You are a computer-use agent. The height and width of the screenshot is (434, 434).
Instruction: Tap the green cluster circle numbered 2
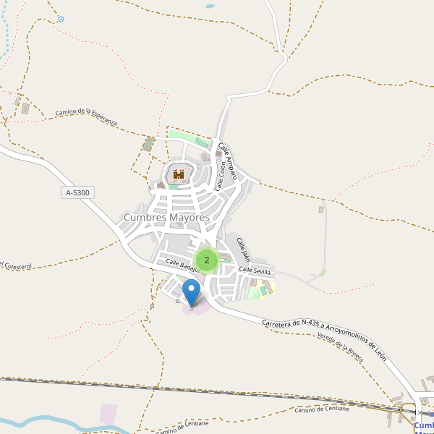(x=207, y=260)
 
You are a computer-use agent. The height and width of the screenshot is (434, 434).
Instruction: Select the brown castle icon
(x=179, y=174)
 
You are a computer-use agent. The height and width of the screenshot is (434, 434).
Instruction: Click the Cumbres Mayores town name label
(x=166, y=217)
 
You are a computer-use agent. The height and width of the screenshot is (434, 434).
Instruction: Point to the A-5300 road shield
(x=78, y=192)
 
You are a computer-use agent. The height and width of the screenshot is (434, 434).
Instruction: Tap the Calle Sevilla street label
(x=255, y=270)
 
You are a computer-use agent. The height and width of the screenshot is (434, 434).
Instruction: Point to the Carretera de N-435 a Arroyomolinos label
(x=325, y=333)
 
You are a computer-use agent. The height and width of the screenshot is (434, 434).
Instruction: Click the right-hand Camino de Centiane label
(x=322, y=409)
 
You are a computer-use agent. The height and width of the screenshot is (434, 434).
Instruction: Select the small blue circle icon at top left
(x=61, y=19)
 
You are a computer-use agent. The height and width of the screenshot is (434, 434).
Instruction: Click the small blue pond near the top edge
(x=210, y=6)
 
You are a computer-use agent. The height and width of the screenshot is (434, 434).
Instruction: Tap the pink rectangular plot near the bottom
(x=109, y=414)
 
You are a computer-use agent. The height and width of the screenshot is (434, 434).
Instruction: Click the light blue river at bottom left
(x=43, y=422)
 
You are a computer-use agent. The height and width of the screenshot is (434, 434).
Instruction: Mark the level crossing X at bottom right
(x=420, y=412)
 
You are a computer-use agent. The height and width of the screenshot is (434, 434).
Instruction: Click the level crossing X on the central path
(x=150, y=388)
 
